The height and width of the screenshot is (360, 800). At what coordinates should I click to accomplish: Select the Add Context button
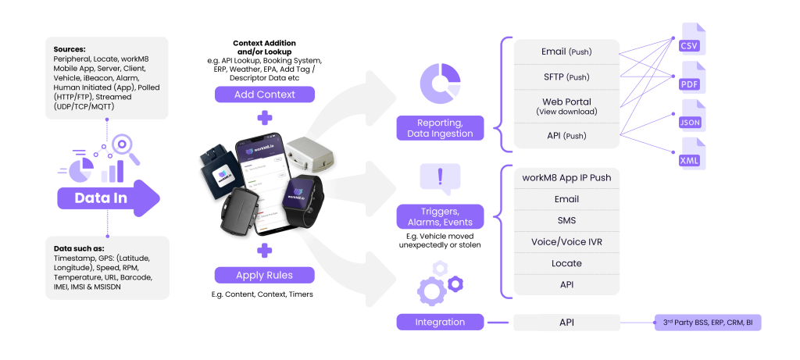click(264, 94)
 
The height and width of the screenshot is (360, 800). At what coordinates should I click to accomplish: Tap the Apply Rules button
click(264, 275)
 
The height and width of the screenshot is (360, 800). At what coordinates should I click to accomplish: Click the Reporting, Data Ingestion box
click(440, 128)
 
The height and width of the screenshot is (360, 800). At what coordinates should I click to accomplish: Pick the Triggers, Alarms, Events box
click(440, 216)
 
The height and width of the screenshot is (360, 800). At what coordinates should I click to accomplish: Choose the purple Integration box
click(440, 322)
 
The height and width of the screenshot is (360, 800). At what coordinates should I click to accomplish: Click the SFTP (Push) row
click(566, 77)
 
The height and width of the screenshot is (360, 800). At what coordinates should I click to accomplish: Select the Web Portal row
click(566, 106)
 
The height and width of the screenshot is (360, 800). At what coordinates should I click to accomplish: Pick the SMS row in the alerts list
click(566, 221)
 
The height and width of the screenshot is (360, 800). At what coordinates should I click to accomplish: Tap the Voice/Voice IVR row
click(566, 242)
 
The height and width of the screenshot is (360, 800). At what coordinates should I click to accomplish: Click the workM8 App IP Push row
click(566, 178)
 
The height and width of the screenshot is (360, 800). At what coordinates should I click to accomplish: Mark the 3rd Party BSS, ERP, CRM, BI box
click(707, 322)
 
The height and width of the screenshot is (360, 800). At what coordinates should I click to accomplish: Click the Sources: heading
click(70, 48)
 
